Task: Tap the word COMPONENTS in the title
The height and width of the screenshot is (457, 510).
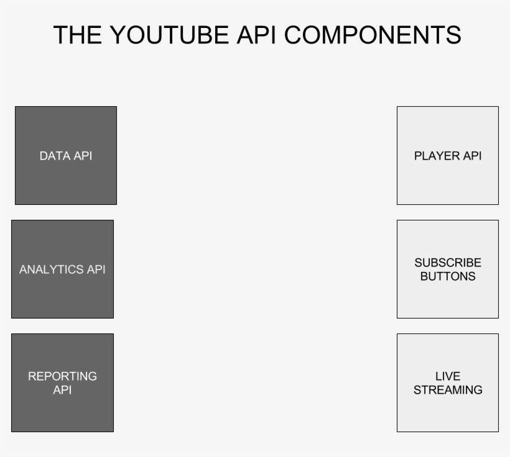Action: [x=373, y=35]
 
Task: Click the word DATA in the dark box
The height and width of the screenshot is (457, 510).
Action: [x=54, y=156]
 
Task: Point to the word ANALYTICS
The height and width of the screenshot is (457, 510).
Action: [x=52, y=269]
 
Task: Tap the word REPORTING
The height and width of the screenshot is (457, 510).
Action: [x=62, y=376]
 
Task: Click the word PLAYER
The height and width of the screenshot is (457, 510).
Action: [x=437, y=156]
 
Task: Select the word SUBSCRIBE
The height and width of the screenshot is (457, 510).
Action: [x=448, y=263]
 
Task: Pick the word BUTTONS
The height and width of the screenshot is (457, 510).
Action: [x=448, y=276]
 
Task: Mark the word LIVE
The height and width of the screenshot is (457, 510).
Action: [x=448, y=376]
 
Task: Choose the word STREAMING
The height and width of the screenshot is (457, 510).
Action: [x=448, y=390]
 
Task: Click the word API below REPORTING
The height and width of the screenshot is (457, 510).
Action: [x=62, y=390]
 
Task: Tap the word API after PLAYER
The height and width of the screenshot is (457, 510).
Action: [x=471, y=156]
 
